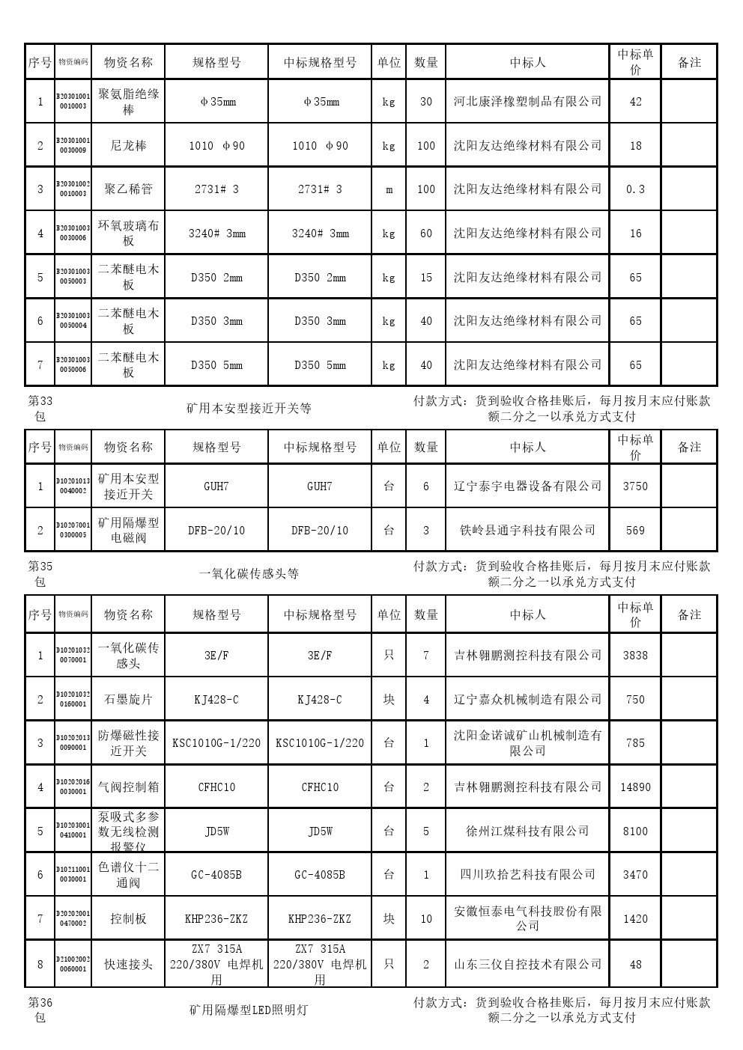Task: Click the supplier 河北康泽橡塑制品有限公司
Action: [x=527, y=101]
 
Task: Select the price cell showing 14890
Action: [x=635, y=787]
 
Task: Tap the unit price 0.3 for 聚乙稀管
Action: [x=635, y=189]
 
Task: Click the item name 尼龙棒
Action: [x=128, y=145]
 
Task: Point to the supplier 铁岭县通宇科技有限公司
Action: [x=527, y=530]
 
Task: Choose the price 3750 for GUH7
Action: [x=635, y=486]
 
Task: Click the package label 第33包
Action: [x=40, y=409]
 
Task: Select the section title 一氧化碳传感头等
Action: [x=249, y=574]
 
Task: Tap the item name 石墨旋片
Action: [x=128, y=699]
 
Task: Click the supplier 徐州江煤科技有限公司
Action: [x=527, y=831]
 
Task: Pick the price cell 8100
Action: [x=635, y=831]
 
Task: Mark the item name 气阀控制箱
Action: [x=128, y=787]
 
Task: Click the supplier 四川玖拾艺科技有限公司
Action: [x=527, y=874]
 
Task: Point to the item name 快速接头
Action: [x=128, y=964]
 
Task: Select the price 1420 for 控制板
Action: [x=635, y=919]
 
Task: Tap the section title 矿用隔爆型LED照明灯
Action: [x=249, y=1010]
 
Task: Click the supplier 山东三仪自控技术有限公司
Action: [x=527, y=964]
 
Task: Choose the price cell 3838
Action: [x=635, y=656]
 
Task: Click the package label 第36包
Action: [x=40, y=1010]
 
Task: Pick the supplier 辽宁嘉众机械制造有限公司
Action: [x=527, y=699]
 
